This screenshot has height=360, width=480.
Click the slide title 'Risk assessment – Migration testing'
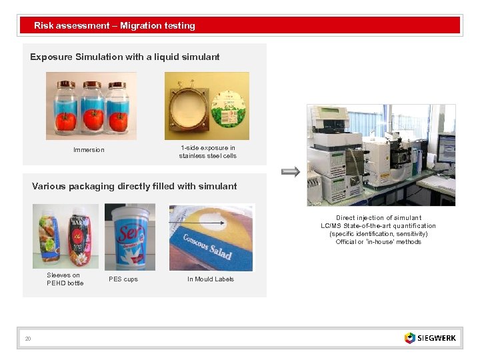pyautogui.click(x=115, y=26)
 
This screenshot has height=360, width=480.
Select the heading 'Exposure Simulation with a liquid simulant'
pyautogui.click(x=125, y=57)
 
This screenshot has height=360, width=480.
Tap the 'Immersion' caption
pyautogui.click(x=89, y=150)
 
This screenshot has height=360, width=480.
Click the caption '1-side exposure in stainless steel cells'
pyautogui.click(x=207, y=152)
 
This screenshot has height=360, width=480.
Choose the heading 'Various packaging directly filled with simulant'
pyautogui.click(x=134, y=187)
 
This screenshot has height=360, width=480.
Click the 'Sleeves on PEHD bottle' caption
pyautogui.click(x=65, y=279)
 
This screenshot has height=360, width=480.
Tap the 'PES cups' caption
pyautogui.click(x=123, y=279)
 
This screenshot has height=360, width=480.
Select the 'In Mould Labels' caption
pyautogui.click(x=211, y=279)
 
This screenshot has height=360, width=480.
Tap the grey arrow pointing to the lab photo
pyautogui.click(x=291, y=171)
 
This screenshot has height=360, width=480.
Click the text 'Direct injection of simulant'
pyautogui.click(x=378, y=218)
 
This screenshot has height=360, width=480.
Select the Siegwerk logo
pyautogui.click(x=430, y=338)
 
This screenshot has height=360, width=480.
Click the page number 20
pyautogui.click(x=28, y=339)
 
